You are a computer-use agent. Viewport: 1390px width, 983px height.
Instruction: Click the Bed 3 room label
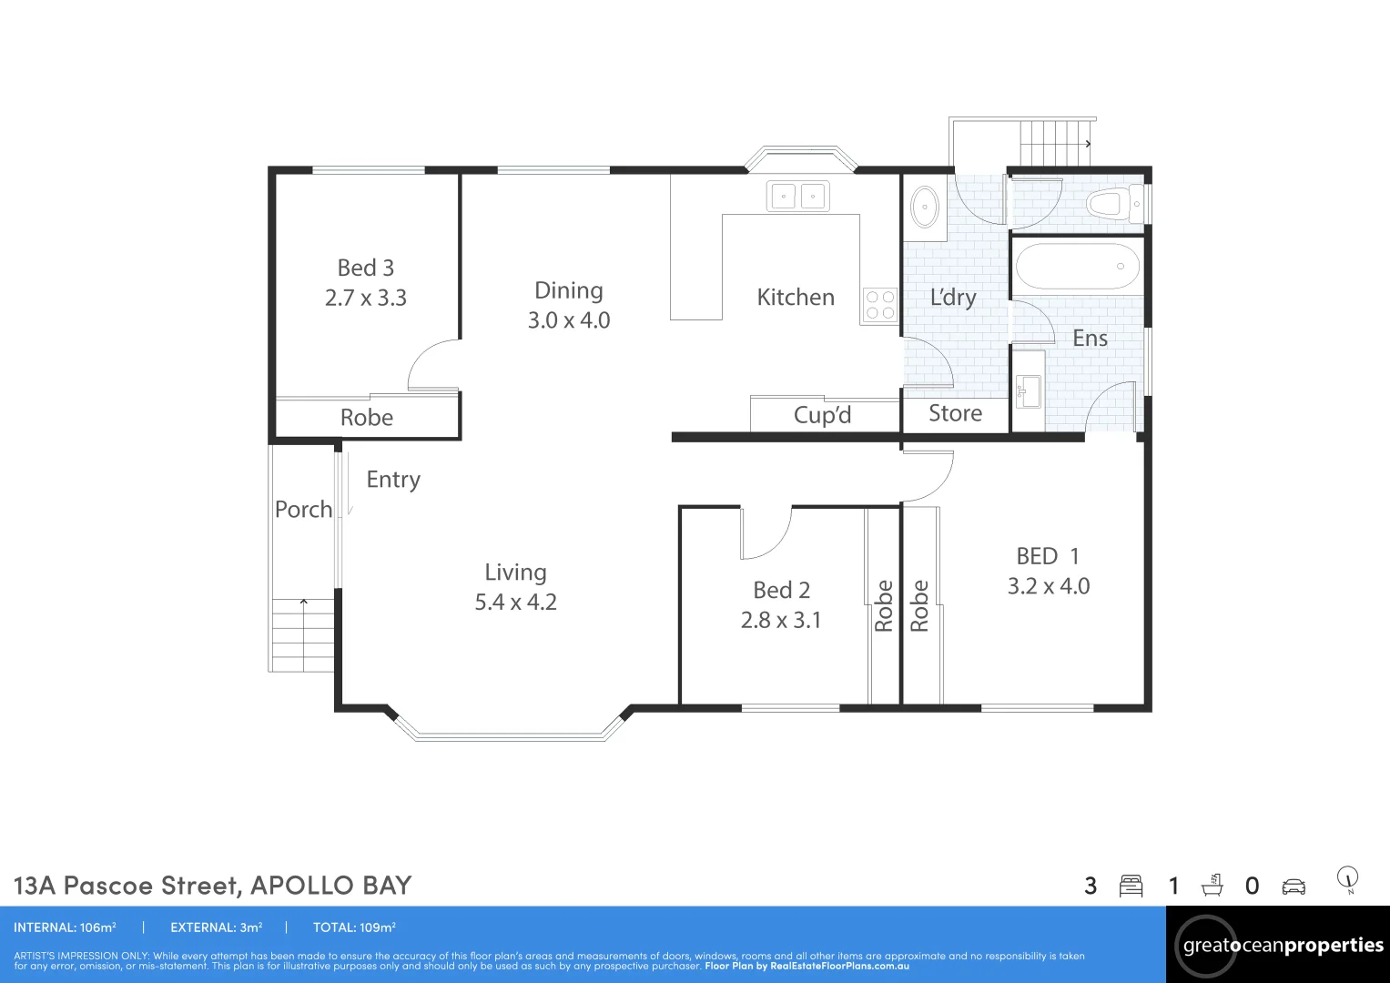(x=365, y=268)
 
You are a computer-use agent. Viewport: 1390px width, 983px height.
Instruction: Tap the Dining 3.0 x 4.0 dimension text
(x=569, y=320)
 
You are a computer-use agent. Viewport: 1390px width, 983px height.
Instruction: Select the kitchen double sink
(x=797, y=196)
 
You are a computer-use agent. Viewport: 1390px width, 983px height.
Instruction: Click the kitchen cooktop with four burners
(x=879, y=305)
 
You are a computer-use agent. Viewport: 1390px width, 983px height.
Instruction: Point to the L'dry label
(x=952, y=298)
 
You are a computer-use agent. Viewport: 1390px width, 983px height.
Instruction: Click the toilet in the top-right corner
(x=1111, y=203)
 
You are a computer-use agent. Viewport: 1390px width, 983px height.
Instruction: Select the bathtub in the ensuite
(x=1077, y=267)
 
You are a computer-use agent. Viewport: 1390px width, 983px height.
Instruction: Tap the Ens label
(x=1090, y=339)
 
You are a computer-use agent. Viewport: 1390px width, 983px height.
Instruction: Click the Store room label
(x=955, y=413)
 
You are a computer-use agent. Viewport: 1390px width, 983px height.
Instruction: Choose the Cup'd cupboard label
(x=822, y=415)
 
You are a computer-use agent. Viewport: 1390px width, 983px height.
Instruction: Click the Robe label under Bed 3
(x=366, y=418)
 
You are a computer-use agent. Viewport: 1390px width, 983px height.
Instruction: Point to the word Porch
(x=303, y=510)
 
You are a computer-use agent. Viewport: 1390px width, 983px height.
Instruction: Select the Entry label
(x=393, y=480)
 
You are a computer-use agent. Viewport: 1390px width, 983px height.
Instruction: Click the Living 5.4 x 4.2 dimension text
(x=515, y=603)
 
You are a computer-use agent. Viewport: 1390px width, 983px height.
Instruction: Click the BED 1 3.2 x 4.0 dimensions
(x=1048, y=586)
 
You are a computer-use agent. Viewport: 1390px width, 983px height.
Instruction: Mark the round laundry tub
(x=925, y=208)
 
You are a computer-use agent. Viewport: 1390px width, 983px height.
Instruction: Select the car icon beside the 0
(x=1294, y=887)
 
